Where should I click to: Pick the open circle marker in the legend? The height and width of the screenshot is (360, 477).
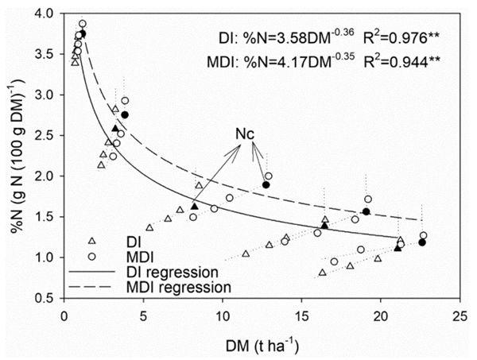pos(91,256)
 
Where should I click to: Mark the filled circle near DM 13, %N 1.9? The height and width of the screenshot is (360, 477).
pos(266,184)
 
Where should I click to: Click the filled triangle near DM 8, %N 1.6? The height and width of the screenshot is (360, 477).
pos(195,207)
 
